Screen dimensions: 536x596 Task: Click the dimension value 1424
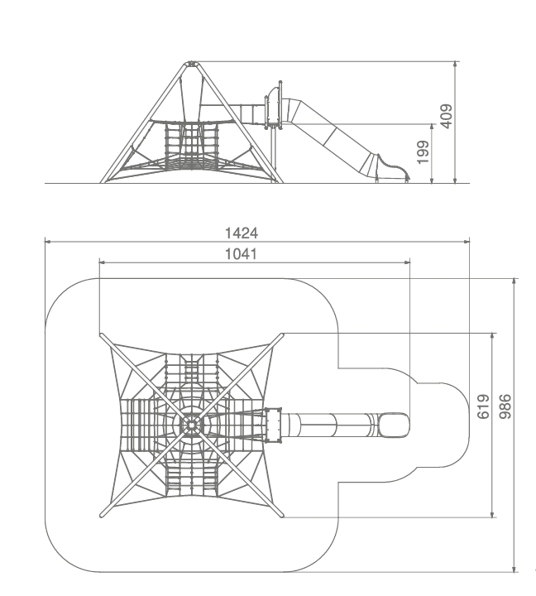242,233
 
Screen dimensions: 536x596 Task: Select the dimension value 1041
241,254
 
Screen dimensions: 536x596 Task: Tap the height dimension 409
447,116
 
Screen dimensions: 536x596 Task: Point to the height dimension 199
424,152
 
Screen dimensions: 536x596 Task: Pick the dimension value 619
483,406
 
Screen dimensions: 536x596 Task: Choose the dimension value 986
505,406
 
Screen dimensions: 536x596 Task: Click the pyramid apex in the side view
191,63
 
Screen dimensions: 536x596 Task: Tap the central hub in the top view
191,425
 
